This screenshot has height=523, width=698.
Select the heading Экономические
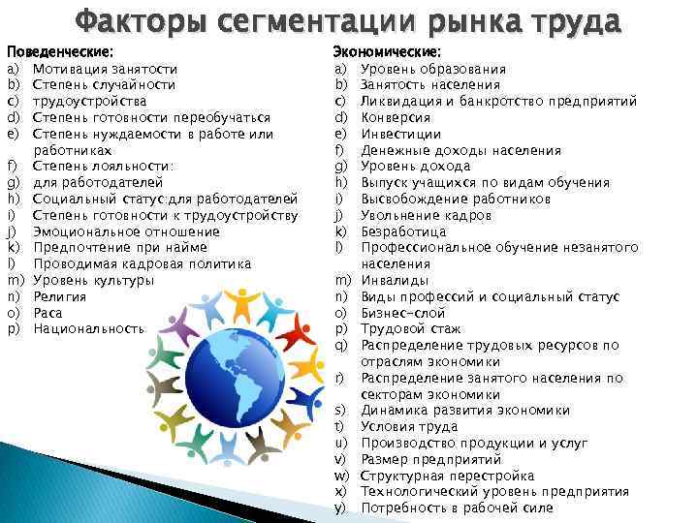(x=387, y=51)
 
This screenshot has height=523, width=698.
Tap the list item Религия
(x=60, y=296)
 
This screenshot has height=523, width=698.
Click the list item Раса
(x=48, y=313)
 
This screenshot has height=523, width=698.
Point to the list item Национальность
(x=88, y=329)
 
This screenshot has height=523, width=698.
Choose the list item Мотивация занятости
(x=105, y=69)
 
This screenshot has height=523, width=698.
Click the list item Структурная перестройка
(x=447, y=476)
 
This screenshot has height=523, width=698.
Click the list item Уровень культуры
(x=93, y=280)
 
